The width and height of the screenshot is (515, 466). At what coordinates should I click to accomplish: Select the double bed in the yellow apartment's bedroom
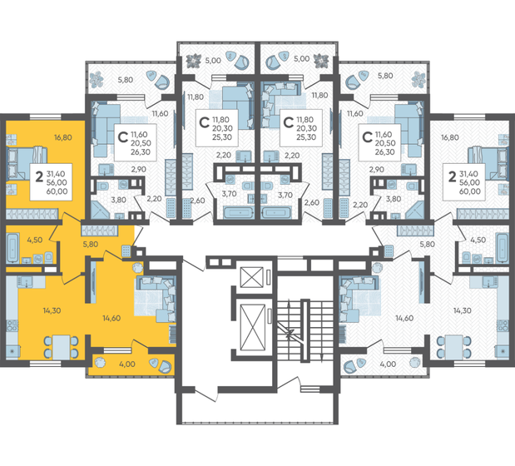pyautogui.click(x=31, y=156)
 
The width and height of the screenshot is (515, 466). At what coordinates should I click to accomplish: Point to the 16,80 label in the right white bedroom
pyautogui.click(x=450, y=138)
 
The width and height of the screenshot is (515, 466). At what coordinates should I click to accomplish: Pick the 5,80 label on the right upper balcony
pyautogui.click(x=385, y=76)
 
